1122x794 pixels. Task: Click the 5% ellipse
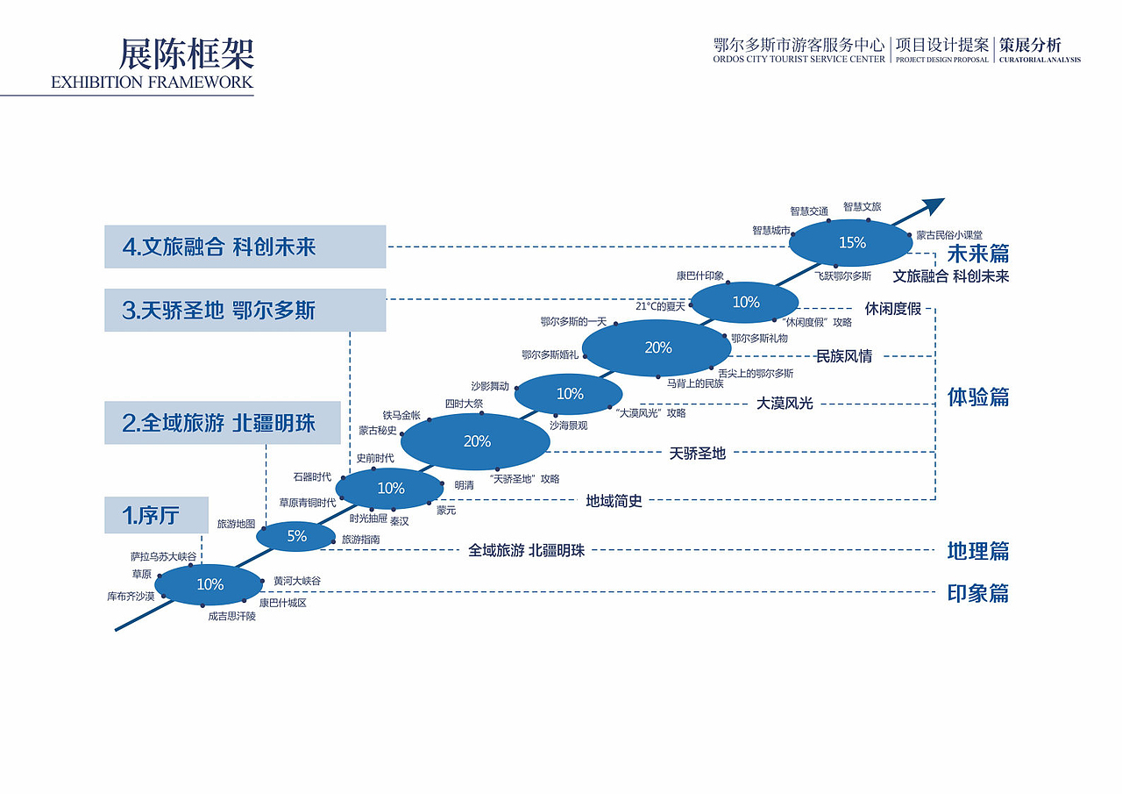(295, 536)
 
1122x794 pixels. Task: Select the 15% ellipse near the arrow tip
(850, 243)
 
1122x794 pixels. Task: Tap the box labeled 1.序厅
(156, 515)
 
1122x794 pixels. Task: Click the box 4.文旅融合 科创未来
(245, 247)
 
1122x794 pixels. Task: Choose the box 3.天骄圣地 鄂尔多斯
(245, 310)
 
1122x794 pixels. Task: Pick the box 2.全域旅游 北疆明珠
(223, 423)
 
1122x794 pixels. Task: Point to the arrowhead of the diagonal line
(934, 204)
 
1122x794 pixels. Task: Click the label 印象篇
(977, 593)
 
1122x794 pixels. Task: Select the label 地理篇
(977, 551)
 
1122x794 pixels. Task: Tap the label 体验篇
(977, 397)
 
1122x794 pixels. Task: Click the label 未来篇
(977, 254)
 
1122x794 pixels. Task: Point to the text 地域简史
(614, 501)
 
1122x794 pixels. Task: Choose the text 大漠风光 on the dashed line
(784, 404)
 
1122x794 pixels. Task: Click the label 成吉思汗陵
(232, 616)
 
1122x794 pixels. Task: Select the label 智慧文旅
(862, 206)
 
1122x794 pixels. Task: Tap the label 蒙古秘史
(378, 431)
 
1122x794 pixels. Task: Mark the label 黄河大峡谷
(297, 581)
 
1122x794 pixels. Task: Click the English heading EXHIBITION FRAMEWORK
(152, 82)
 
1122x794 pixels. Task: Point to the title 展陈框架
(187, 54)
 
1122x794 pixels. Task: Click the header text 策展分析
(1030, 46)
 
